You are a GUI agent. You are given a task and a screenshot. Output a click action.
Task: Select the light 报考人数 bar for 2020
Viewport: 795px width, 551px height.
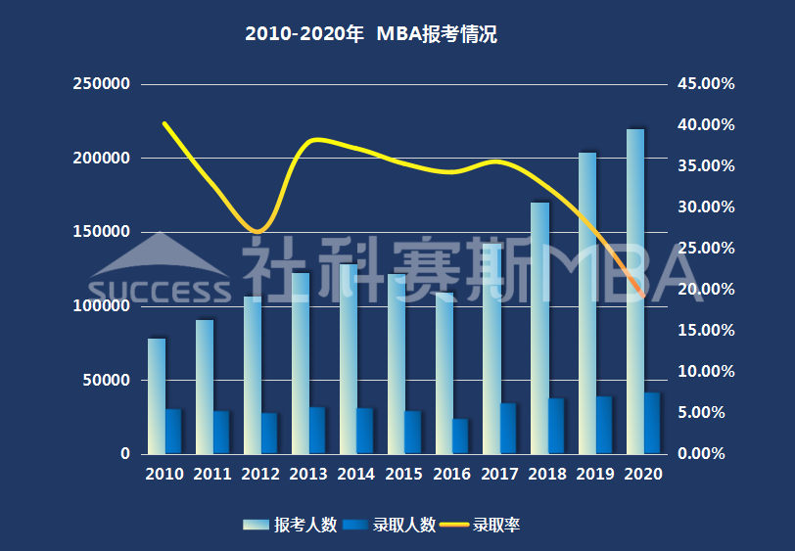[x=635, y=294]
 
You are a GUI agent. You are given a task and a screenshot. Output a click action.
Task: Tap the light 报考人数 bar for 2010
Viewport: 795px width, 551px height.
[x=157, y=396]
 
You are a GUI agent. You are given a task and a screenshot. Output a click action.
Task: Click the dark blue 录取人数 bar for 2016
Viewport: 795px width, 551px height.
[x=460, y=436]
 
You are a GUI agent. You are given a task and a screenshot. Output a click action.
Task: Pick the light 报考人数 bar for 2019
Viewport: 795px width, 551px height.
[x=587, y=303]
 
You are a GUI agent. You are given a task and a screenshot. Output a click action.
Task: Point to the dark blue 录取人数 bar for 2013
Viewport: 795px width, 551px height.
[x=316, y=431]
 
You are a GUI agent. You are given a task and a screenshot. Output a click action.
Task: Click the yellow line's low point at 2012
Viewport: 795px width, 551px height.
[x=257, y=232]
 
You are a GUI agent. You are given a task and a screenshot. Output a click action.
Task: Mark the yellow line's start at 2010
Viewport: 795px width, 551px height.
[x=164, y=123]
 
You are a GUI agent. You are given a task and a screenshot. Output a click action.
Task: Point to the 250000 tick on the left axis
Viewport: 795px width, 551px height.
[x=102, y=84]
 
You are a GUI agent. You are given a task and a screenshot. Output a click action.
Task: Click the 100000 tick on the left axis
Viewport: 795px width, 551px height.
[x=102, y=306]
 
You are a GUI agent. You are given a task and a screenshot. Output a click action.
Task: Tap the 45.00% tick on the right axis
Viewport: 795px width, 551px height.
[x=706, y=84]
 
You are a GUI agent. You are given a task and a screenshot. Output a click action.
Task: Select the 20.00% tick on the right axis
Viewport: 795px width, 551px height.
[x=706, y=290]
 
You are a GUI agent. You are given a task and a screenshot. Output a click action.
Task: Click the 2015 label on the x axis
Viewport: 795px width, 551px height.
[x=404, y=474]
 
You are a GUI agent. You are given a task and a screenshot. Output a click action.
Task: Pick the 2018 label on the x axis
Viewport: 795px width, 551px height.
[x=548, y=474]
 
